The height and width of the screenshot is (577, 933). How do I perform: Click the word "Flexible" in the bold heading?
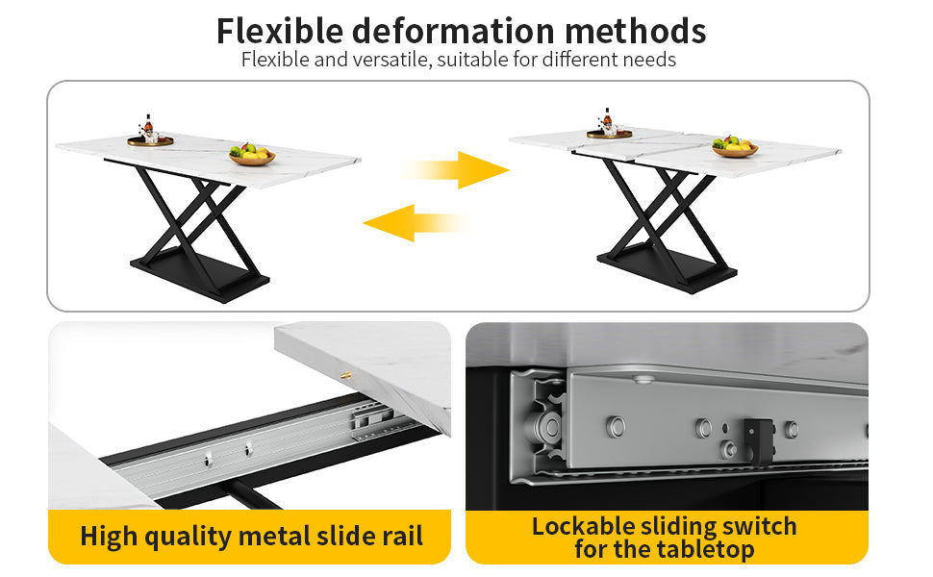click(280, 31)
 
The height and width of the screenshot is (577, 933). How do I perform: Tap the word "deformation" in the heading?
click(453, 31)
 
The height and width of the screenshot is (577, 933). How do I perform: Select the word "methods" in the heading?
click(636, 31)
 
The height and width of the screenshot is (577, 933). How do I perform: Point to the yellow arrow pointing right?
click(456, 170)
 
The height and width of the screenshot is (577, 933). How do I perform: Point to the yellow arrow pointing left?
click(416, 222)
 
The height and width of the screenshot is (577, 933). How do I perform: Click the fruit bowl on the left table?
click(252, 155)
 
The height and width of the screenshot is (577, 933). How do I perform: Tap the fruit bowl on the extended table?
click(736, 146)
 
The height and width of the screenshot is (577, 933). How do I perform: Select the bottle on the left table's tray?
click(148, 126)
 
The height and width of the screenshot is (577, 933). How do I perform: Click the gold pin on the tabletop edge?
click(345, 375)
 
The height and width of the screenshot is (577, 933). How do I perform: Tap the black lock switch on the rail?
click(758, 440)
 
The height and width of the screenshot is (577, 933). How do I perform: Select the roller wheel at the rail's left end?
click(547, 427)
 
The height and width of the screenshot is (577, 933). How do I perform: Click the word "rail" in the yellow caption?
click(403, 536)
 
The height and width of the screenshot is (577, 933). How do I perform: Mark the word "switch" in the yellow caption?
click(759, 526)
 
